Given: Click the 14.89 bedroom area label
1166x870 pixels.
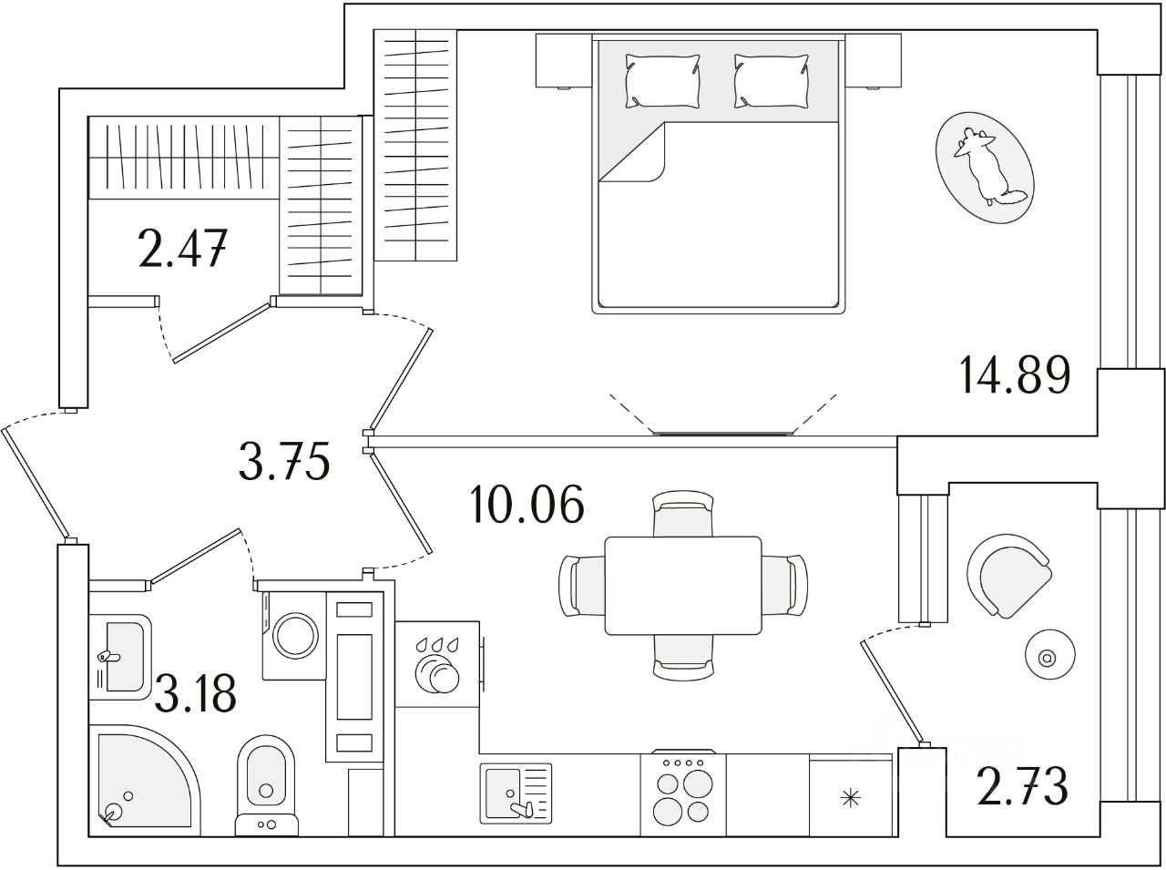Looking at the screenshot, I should [x=1014, y=376].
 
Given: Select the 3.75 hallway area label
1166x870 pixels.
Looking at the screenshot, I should [x=282, y=464].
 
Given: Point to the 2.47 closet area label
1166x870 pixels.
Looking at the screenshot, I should [x=182, y=249].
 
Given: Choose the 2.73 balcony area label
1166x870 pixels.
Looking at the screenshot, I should [x=1022, y=786].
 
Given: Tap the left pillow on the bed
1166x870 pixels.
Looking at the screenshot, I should [x=662, y=78].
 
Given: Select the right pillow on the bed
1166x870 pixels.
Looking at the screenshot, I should [x=771, y=78].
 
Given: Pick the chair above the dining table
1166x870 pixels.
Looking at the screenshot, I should [x=683, y=514].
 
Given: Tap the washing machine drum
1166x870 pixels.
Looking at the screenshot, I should [x=294, y=635].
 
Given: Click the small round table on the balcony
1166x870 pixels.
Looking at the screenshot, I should [x=1045, y=656].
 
